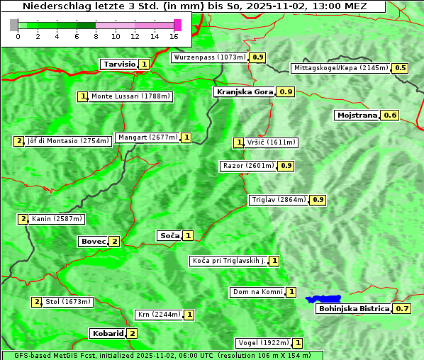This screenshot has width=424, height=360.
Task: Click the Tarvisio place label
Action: click(x=119, y=64)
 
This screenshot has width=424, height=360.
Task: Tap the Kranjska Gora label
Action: click(x=244, y=92)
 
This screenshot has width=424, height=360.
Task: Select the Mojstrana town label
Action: click(x=357, y=115)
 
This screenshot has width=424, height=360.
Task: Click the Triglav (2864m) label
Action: click(x=279, y=200)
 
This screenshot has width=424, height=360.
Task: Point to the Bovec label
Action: click(x=93, y=241)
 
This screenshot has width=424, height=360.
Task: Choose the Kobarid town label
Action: click(x=107, y=333)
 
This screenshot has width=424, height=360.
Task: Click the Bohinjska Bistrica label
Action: click(x=354, y=309)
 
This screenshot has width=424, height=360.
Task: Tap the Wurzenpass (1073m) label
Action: click(x=210, y=57)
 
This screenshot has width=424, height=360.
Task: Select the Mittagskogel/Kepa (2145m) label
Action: click(x=341, y=68)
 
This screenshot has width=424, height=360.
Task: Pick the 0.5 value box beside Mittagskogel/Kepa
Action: click(x=401, y=68)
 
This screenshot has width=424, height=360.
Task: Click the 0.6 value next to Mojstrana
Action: click(x=390, y=115)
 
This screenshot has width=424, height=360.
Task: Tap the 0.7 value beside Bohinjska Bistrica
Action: click(x=402, y=309)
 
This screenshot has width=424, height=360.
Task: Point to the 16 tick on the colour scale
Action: click(x=174, y=35)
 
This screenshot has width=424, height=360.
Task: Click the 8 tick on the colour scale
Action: click(x=96, y=35)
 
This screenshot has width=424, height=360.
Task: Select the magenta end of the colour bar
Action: click(x=177, y=25)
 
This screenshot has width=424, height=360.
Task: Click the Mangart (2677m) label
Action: click(x=147, y=137)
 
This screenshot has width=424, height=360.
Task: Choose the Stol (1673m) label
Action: click(x=68, y=302)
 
